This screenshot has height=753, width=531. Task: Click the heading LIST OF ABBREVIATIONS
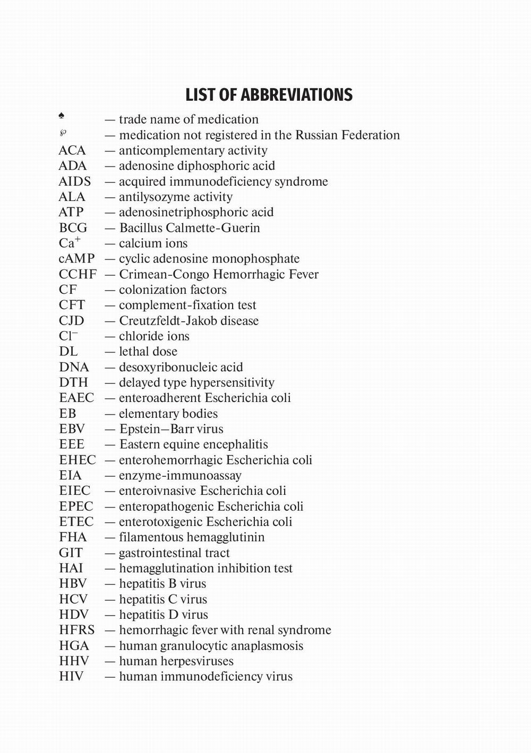269,95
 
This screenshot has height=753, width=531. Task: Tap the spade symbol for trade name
62,116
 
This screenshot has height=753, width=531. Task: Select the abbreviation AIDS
74,181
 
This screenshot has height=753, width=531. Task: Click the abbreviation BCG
73,228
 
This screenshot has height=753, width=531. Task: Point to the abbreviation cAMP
76,259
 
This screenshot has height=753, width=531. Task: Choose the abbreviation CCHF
78,274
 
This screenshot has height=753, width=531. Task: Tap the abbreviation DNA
74,367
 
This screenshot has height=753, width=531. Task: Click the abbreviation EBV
72,429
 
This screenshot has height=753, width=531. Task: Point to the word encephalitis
236,444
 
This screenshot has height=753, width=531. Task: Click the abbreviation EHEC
78,460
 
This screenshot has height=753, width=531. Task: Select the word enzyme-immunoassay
180,476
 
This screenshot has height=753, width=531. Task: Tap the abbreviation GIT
71,553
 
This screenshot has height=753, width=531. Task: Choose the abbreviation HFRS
77,630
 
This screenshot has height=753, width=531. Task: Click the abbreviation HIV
71,677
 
